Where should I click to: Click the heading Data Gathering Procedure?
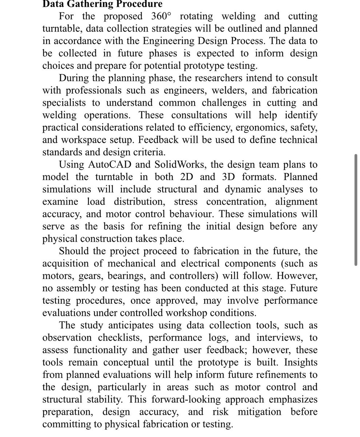tap(102, 5)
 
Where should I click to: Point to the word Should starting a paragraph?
tap(75, 251)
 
